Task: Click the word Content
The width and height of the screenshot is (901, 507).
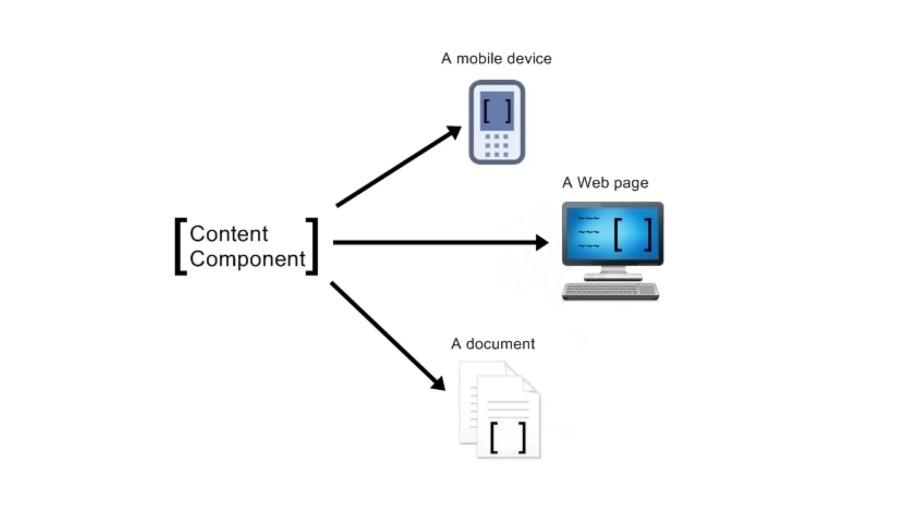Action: coord(228,234)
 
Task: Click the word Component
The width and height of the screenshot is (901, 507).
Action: coord(247,259)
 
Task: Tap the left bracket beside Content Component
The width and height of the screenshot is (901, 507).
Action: coord(180,246)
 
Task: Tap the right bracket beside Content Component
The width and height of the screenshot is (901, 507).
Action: coord(312,246)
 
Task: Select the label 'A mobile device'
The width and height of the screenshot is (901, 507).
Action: coord(496,59)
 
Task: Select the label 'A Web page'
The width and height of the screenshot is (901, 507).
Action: coord(605,183)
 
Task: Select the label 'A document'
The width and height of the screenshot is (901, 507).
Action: coord(493,344)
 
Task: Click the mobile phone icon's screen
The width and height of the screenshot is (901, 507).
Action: coord(497,110)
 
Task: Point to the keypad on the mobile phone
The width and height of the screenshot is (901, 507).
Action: coord(497,145)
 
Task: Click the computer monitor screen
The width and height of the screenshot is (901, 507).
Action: coord(612,233)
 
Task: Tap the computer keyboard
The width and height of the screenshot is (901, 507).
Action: coord(610,291)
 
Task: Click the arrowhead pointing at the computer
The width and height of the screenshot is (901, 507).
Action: coord(542,242)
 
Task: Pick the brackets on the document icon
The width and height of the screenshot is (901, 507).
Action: coord(508,437)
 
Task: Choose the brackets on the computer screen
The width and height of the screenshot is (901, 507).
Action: coord(633,234)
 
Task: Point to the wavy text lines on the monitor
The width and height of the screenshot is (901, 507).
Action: coord(589,232)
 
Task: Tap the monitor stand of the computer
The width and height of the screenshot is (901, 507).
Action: coord(613,274)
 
